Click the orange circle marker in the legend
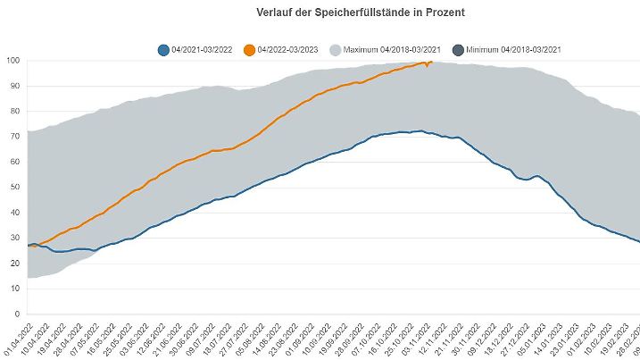251,50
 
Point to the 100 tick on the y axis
13,61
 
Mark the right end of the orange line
433,62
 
